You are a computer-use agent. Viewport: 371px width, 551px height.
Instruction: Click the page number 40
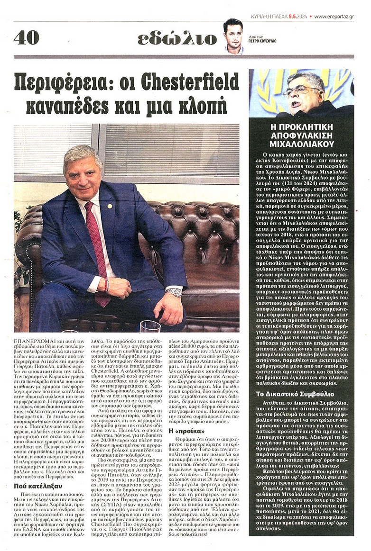26,38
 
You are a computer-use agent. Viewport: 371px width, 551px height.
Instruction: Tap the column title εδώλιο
177,38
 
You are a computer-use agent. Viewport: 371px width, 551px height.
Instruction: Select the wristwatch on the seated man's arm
174,292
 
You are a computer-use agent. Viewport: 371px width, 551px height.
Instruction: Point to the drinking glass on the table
150,327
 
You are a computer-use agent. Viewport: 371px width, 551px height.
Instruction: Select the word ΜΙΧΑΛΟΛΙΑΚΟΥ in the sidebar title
301,144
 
